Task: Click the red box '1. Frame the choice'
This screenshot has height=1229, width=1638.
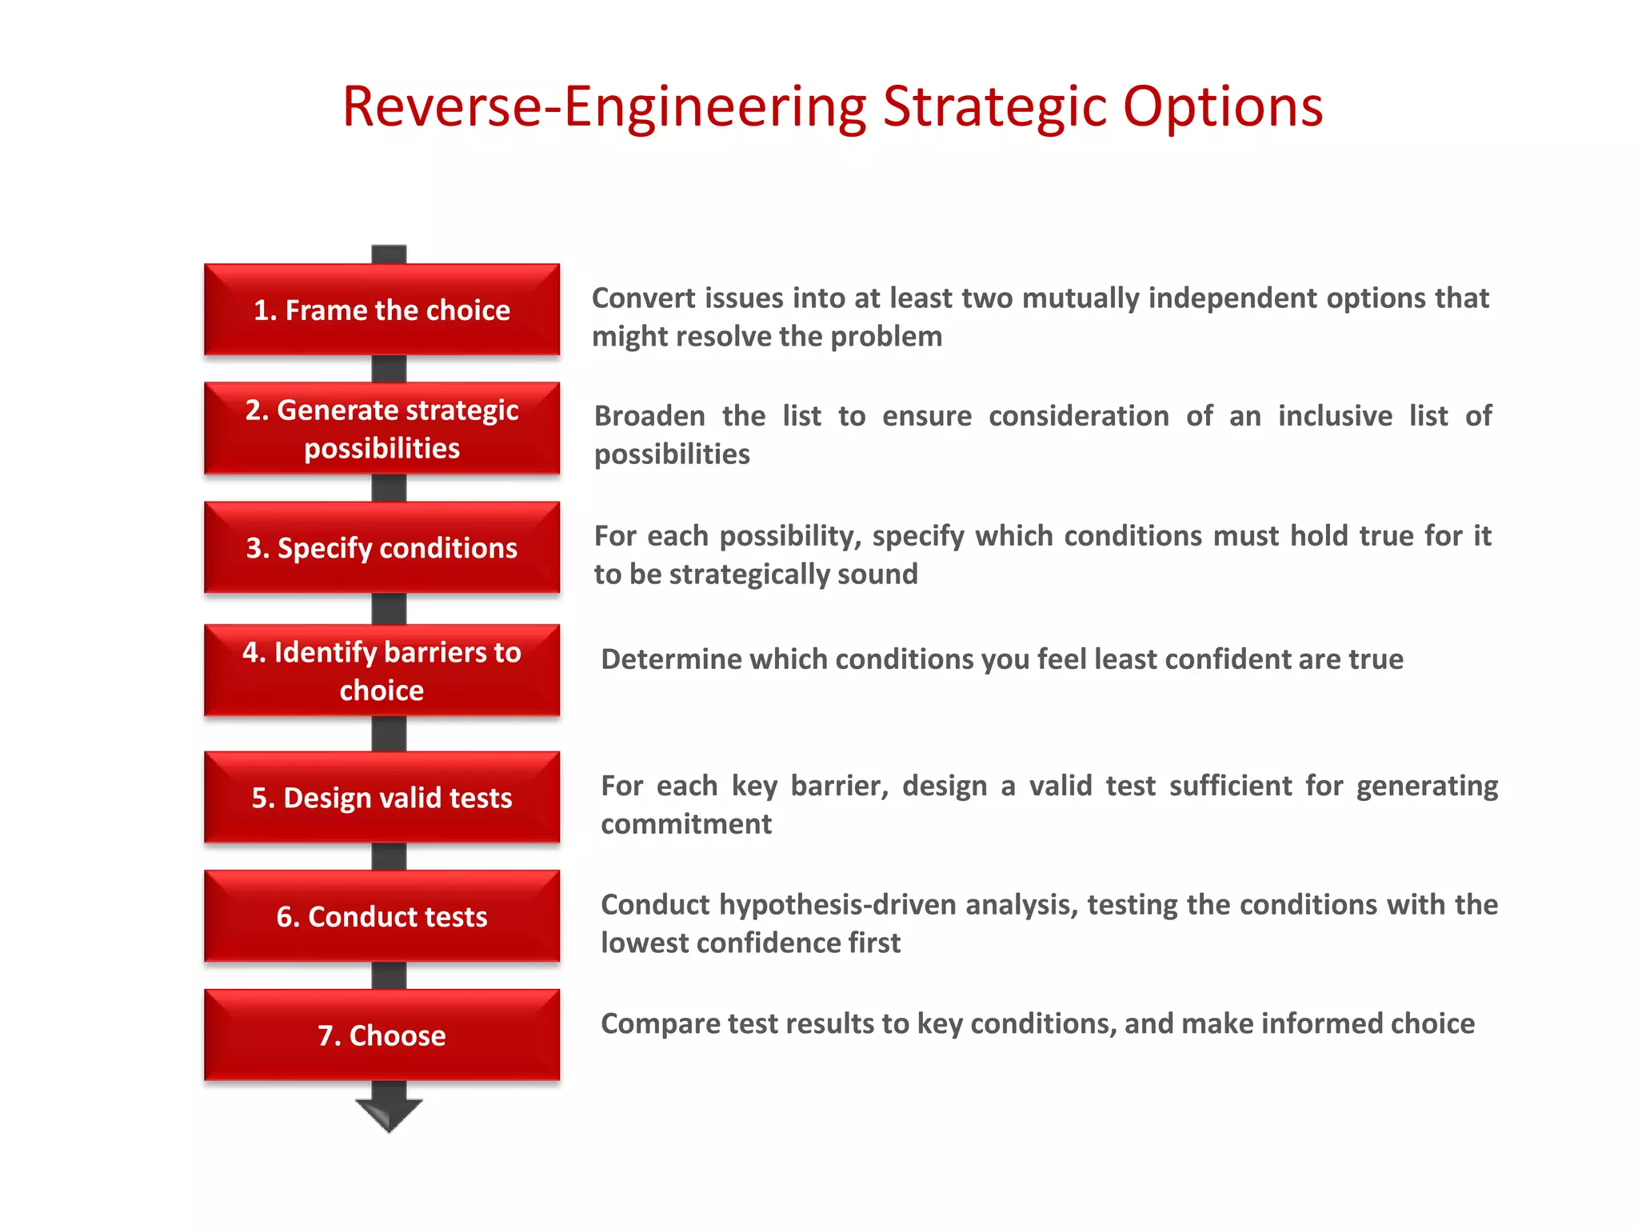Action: [382, 310]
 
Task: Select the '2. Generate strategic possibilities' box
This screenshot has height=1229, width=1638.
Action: [382, 429]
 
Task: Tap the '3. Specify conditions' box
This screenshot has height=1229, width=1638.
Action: [382, 548]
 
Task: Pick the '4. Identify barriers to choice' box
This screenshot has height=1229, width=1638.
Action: [382, 671]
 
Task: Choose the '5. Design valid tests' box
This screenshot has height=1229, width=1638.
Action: [382, 798]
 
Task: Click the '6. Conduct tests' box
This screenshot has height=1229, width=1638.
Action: [382, 916]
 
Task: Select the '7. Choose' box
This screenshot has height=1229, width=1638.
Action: [382, 1035]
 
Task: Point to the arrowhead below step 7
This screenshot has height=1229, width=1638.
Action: [389, 1114]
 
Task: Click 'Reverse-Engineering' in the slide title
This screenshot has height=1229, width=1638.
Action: [604, 108]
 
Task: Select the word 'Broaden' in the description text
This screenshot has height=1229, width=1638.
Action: [649, 416]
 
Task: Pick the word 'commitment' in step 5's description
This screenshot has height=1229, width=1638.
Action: [686, 824]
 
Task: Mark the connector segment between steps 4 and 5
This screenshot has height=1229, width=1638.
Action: [389, 733]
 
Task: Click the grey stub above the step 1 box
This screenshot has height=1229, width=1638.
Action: [389, 254]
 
